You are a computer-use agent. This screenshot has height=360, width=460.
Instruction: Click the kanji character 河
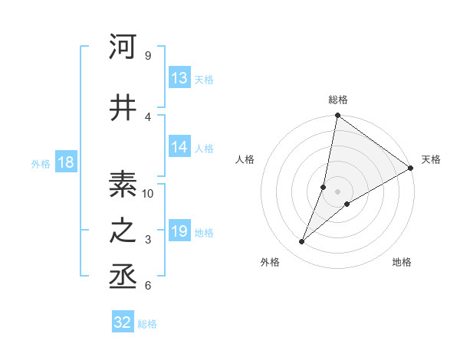[123, 47]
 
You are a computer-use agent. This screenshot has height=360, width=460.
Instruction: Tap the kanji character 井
[123, 107]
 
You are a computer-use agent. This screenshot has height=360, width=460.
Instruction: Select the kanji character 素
[123, 185]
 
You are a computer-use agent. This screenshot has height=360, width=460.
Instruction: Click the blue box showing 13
[179, 78]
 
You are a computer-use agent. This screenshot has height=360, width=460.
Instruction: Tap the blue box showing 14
[179, 148]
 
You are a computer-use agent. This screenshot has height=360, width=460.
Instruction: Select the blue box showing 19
[179, 232]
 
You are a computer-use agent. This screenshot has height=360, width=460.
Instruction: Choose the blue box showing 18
[65, 163]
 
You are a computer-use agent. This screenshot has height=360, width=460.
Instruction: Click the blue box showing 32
[123, 322]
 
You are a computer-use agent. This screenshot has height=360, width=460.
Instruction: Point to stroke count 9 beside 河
[147, 56]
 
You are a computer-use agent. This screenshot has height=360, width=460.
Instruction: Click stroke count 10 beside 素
[148, 194]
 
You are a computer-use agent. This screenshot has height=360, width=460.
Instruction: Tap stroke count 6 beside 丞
[147, 286]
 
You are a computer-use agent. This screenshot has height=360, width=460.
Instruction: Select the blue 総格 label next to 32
[147, 324]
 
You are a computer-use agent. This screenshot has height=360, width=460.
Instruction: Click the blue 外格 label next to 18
[41, 164]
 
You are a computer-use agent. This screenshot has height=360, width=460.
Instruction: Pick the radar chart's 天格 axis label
[431, 159]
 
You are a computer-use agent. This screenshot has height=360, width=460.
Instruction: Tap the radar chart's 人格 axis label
[245, 159]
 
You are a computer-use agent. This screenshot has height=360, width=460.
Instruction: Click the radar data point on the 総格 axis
[337, 116]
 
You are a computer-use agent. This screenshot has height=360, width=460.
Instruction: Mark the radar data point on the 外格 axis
[301, 242]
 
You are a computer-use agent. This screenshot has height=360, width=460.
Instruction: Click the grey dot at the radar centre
[337, 191]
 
